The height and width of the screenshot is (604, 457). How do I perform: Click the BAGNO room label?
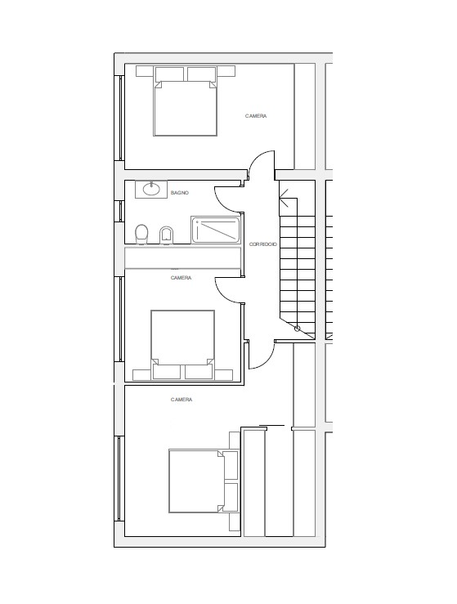(180, 193)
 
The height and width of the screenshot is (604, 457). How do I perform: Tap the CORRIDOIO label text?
(262, 244)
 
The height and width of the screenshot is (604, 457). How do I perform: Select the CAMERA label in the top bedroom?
(256, 116)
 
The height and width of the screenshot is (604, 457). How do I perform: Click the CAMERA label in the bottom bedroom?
(181, 400)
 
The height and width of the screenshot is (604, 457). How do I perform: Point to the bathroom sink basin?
(151, 189)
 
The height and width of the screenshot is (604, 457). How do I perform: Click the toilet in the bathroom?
(141, 235)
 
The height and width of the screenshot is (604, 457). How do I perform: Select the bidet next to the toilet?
(166, 235)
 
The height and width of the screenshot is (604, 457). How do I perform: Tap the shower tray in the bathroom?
(215, 230)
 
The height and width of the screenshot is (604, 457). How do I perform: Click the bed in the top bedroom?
(185, 101)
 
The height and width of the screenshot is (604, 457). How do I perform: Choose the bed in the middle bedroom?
(182, 344)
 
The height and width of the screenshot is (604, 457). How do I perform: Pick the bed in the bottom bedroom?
(203, 481)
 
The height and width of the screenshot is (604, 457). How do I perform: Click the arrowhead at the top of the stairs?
(284, 198)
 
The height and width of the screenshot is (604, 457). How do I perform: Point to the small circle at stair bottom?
(297, 329)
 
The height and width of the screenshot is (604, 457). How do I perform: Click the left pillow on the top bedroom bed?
(169, 74)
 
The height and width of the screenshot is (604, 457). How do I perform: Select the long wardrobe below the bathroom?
(182, 258)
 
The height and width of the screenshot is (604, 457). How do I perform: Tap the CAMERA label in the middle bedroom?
(181, 278)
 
